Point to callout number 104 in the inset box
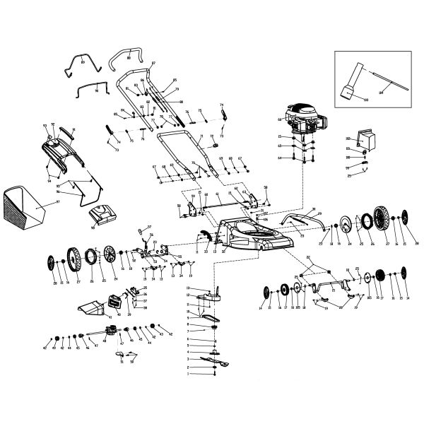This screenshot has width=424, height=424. click(400, 92)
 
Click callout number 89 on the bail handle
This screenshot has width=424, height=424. click(83, 63)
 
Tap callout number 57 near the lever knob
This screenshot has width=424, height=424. click(150, 228)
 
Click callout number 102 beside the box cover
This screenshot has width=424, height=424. click(348, 138)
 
